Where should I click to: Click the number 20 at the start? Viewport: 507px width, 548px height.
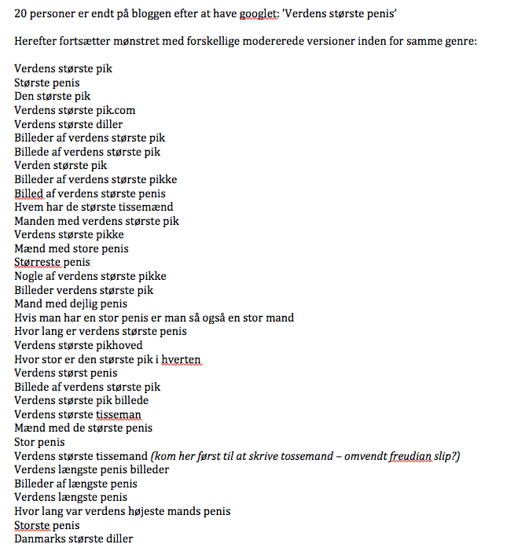[20, 13]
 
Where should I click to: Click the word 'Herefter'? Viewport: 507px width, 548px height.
[36, 41]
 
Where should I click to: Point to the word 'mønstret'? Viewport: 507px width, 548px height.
[134, 41]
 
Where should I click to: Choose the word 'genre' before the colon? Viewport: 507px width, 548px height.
[458, 41]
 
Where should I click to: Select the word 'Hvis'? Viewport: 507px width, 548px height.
[26, 318]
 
